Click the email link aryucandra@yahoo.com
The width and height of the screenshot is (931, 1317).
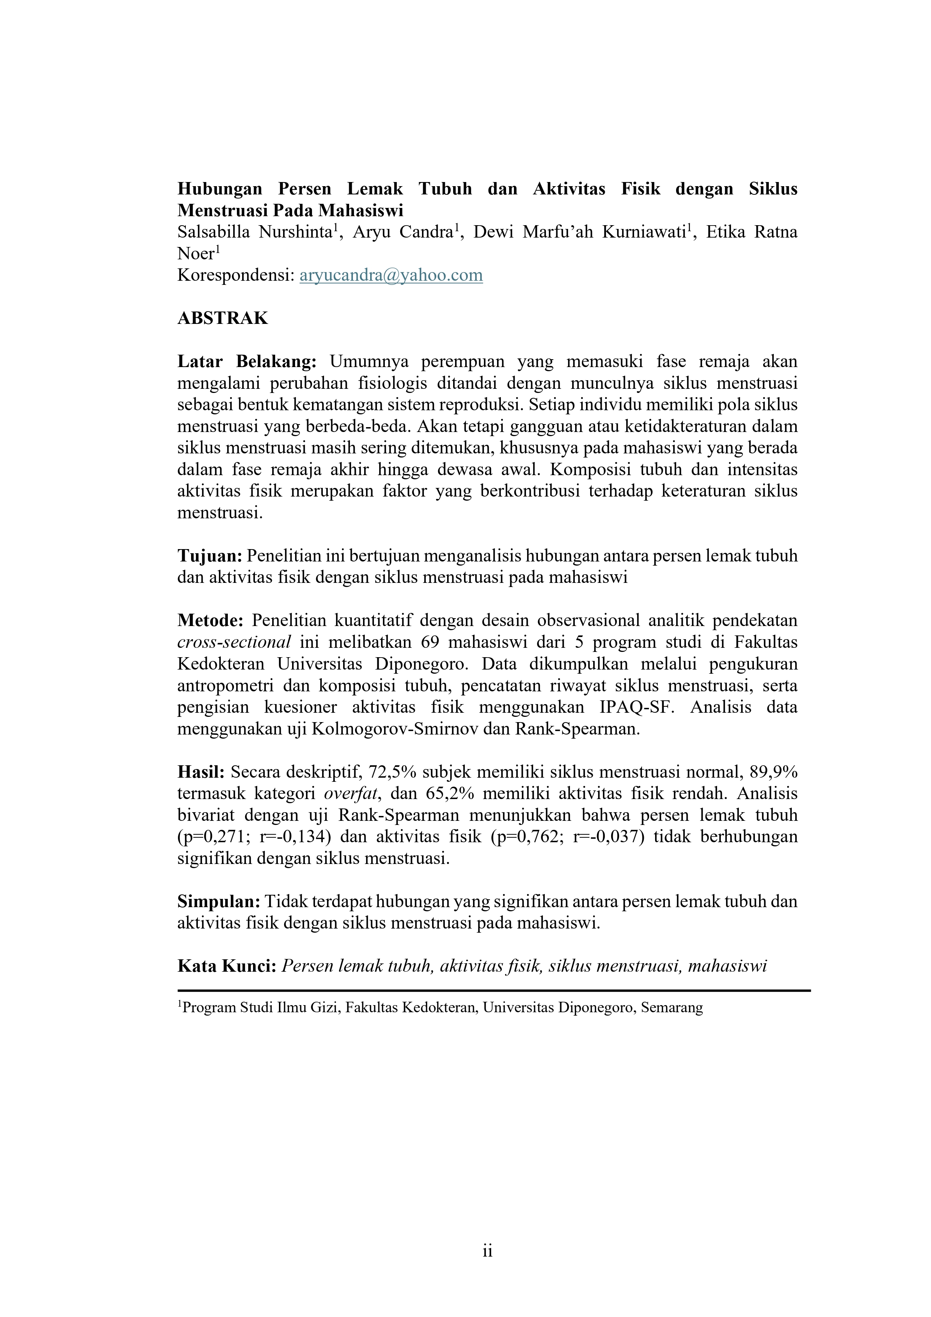pos(391,275)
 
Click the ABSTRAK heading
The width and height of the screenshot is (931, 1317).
pos(223,318)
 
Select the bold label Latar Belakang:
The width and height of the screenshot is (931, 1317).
pos(247,361)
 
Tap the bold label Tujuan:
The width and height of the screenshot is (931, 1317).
pos(210,556)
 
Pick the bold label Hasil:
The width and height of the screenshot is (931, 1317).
pos(201,772)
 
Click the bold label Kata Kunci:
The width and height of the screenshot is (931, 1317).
pos(227,966)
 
